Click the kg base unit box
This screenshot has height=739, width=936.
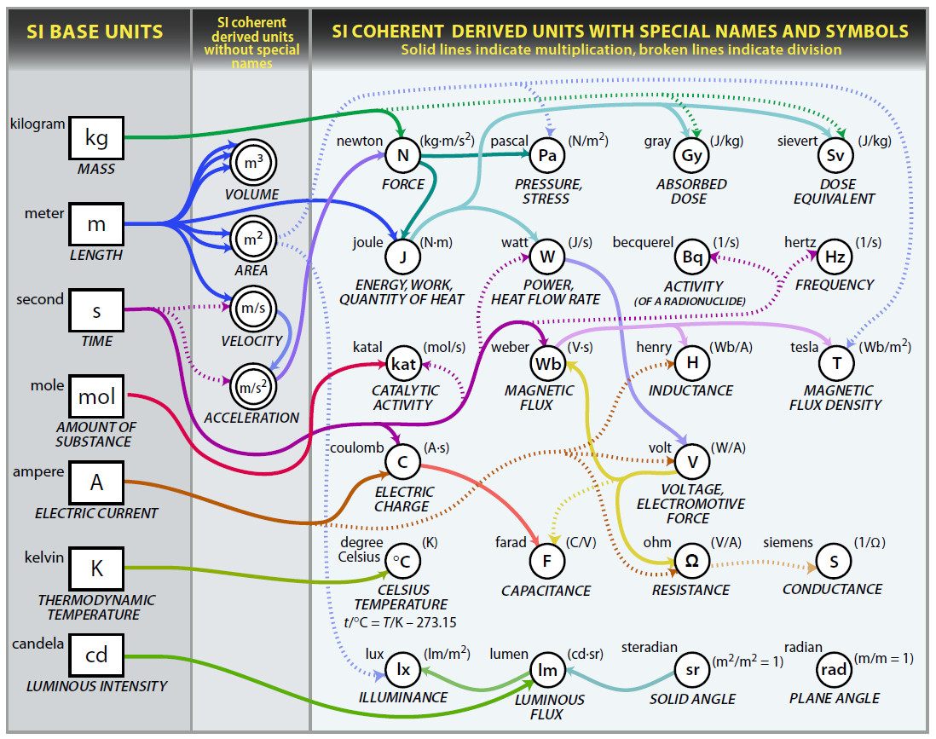click(x=96, y=137)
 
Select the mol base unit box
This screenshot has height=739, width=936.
click(x=96, y=396)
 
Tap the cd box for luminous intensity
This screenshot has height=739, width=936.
click(x=96, y=655)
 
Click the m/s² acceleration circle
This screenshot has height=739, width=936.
click(x=253, y=388)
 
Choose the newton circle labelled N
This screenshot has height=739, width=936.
click(x=402, y=155)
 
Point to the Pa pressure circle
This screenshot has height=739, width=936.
click(x=547, y=155)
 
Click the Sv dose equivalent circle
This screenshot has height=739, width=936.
click(x=835, y=155)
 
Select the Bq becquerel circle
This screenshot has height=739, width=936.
click(x=691, y=256)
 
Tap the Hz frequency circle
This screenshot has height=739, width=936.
click(x=835, y=256)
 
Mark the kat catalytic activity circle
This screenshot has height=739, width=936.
click(x=402, y=363)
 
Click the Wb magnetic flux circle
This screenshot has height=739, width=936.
click(x=547, y=363)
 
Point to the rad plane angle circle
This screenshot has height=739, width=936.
click(x=835, y=669)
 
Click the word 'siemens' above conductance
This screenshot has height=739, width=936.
click(x=788, y=543)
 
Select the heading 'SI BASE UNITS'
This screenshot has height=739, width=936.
click(x=95, y=33)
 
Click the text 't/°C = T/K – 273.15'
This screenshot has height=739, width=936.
click(x=399, y=621)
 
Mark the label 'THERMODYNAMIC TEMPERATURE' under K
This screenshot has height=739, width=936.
click(x=89, y=607)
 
